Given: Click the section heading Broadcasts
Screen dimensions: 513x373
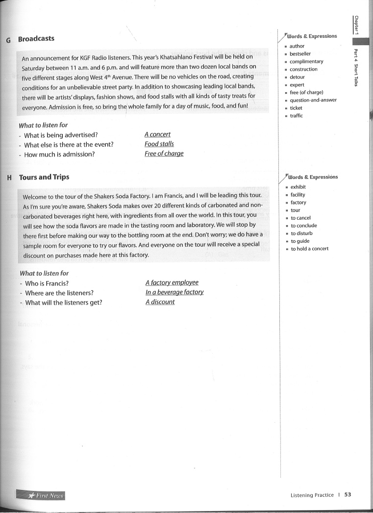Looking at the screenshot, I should (x=36, y=39).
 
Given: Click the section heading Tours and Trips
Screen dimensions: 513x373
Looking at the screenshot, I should (x=44, y=177).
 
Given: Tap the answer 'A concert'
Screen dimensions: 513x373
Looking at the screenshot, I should (x=157, y=134).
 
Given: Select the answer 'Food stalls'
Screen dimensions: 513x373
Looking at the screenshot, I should (x=159, y=144).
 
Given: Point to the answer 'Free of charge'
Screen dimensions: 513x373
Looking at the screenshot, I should (x=164, y=154).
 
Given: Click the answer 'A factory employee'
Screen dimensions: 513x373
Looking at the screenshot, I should (x=172, y=282).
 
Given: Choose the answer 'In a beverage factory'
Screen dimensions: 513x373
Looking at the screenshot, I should (x=174, y=292).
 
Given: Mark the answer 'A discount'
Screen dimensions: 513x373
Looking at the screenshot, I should (x=160, y=302).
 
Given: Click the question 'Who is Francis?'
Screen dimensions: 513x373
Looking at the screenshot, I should (x=47, y=283).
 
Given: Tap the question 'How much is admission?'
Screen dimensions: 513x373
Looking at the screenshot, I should (x=59, y=154).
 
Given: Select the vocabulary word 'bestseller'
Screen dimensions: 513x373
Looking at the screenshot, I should (x=300, y=54).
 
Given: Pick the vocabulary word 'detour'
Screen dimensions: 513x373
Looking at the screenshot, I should (x=297, y=77).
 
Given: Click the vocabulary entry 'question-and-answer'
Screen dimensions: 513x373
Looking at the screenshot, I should (x=313, y=100).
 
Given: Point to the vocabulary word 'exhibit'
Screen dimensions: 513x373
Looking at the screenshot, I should (x=298, y=187).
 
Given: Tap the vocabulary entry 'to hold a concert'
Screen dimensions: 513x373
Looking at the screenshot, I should (x=309, y=249).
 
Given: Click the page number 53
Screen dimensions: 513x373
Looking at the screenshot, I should (x=348, y=495).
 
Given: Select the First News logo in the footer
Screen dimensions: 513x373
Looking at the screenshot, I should (x=40, y=496).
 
